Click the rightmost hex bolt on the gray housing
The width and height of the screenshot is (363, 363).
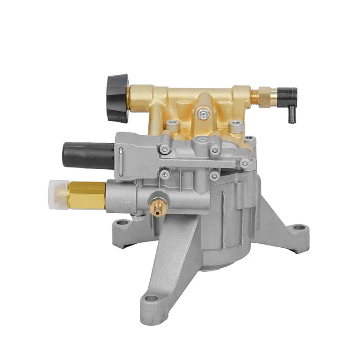(x=245, y=163)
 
